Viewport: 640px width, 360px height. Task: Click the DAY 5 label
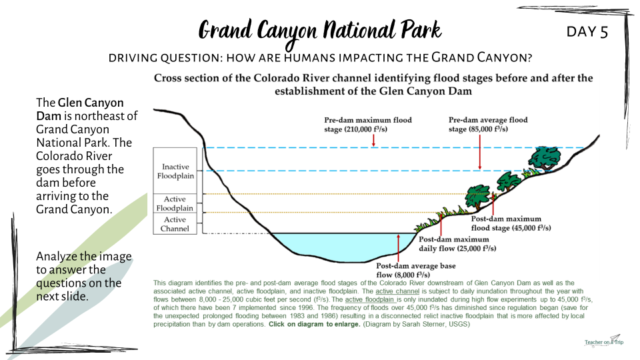pos(587,31)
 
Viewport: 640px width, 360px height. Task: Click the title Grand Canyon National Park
pos(320,31)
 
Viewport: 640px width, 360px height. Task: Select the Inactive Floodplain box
pos(175,171)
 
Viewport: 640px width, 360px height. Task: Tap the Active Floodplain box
pos(175,203)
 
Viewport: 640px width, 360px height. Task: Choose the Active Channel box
pos(175,224)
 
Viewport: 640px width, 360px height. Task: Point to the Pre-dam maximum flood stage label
pos(368,125)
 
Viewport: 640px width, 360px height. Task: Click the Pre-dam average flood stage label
pos(488,124)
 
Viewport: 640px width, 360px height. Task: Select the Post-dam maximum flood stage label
pos(511,223)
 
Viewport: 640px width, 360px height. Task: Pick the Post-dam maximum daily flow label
pos(457,244)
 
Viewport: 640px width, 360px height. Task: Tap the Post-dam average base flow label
pos(415,270)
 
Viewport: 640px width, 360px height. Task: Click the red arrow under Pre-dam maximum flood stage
pos(373,141)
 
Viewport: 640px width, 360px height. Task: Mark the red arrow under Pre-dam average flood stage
pos(479,152)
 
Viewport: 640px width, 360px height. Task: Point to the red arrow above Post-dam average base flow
pos(399,247)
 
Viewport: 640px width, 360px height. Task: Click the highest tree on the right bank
pos(545,157)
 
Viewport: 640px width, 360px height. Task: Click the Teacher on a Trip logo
pos(604,341)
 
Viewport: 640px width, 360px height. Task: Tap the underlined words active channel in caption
pos(397,291)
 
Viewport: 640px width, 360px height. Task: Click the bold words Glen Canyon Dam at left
pos(80,109)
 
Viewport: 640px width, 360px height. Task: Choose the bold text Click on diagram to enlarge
pos(314,325)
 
